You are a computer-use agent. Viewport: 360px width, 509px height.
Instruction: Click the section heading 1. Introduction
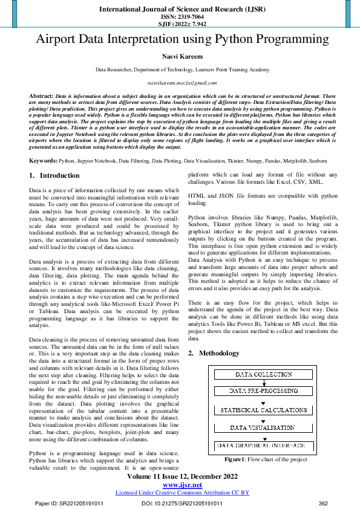[54, 176]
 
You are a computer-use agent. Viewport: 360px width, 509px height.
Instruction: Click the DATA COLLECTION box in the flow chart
[263, 375]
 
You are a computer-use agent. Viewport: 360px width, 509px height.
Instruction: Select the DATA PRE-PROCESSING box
[263, 392]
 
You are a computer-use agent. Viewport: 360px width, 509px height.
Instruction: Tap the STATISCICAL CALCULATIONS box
[263, 410]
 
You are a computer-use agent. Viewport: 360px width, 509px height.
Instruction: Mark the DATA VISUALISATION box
[263, 428]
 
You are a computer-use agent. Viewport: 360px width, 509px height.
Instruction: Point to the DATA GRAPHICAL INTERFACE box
[263, 446]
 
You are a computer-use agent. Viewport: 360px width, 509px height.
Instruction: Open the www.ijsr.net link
[182, 485]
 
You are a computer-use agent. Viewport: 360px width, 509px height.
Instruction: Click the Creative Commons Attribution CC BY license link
[182, 493]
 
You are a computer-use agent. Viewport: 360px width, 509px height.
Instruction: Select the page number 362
[323, 503]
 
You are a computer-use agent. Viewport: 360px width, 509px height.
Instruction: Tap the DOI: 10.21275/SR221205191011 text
[182, 503]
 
